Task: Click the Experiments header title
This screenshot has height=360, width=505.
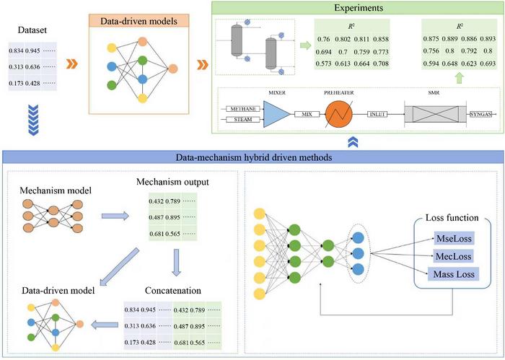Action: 359,7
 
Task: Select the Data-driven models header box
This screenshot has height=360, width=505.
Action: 139,21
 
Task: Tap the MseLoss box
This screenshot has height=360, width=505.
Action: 454,239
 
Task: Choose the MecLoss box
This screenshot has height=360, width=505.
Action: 454,256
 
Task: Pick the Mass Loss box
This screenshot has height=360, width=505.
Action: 454,274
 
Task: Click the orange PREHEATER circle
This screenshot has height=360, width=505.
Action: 339,114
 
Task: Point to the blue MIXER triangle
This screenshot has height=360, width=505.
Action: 277,114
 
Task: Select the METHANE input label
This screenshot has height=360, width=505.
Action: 243,109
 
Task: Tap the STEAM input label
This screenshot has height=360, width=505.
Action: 243,120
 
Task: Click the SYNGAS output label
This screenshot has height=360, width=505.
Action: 480,114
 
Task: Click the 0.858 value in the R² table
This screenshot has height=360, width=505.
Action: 381,39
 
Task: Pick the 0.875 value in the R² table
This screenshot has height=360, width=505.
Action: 431,39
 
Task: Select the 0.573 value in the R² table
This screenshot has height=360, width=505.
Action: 324,63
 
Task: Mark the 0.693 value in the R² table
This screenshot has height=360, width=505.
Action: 488,63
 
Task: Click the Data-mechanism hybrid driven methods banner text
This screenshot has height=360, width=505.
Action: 254,157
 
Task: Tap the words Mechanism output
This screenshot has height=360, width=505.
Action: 172,182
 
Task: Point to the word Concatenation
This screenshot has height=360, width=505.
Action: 173,291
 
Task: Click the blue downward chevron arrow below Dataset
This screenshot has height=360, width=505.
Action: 33,120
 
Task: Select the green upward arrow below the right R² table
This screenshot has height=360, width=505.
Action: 460,78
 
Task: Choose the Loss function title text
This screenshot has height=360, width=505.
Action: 452,218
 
